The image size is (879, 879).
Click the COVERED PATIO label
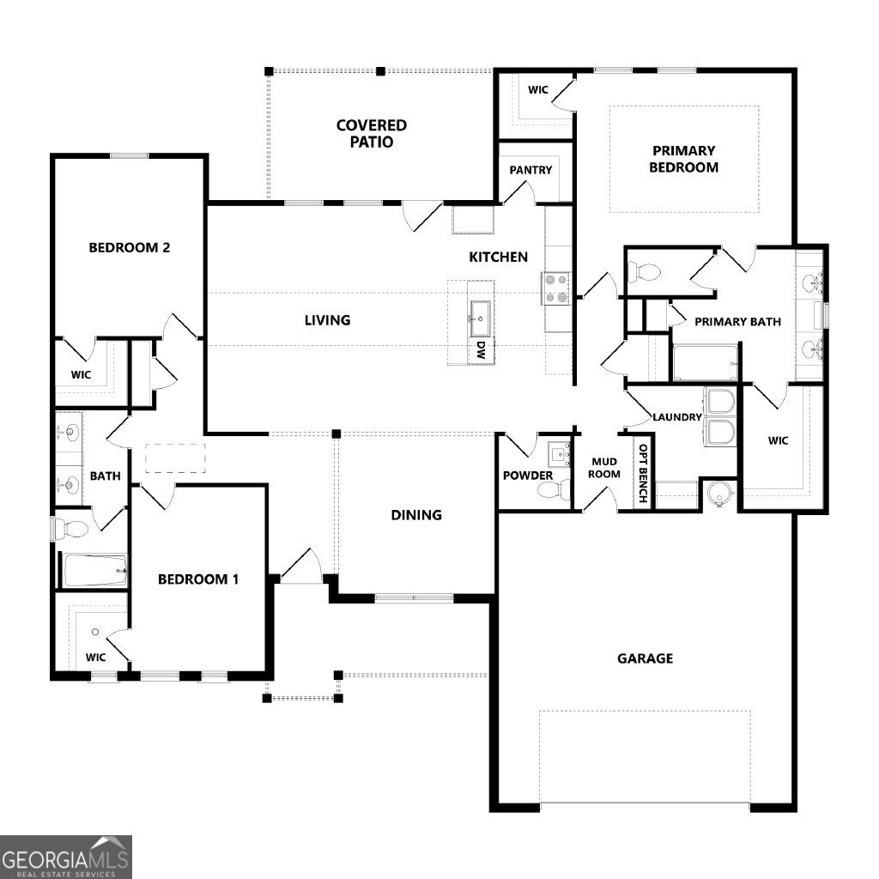pyautogui.click(x=371, y=133)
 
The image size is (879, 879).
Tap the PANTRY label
pyautogui.click(x=530, y=170)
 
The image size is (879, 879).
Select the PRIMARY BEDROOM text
pyautogui.click(x=684, y=159)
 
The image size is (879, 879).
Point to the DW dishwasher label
pyautogui.click(x=481, y=350)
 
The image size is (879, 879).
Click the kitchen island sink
pyautogui.click(x=481, y=319)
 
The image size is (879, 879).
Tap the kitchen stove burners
pyautogui.click(x=555, y=288)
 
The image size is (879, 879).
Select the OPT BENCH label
pyautogui.click(x=643, y=474)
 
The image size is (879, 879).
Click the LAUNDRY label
pyautogui.click(x=677, y=417)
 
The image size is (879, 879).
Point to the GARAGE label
pyautogui.click(x=646, y=658)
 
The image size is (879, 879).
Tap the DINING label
pyautogui.click(x=416, y=515)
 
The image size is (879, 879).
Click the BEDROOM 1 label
pyautogui.click(x=198, y=579)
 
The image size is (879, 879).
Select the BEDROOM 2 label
pyautogui.click(x=130, y=247)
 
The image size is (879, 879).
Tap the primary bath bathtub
pyautogui.click(x=706, y=363)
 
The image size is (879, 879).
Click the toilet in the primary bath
pyautogui.click(x=644, y=273)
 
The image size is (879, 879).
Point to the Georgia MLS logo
pyautogui.click(x=65, y=858)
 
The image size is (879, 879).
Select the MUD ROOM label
pyautogui.click(x=604, y=468)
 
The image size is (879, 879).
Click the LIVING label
pyautogui.click(x=327, y=320)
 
